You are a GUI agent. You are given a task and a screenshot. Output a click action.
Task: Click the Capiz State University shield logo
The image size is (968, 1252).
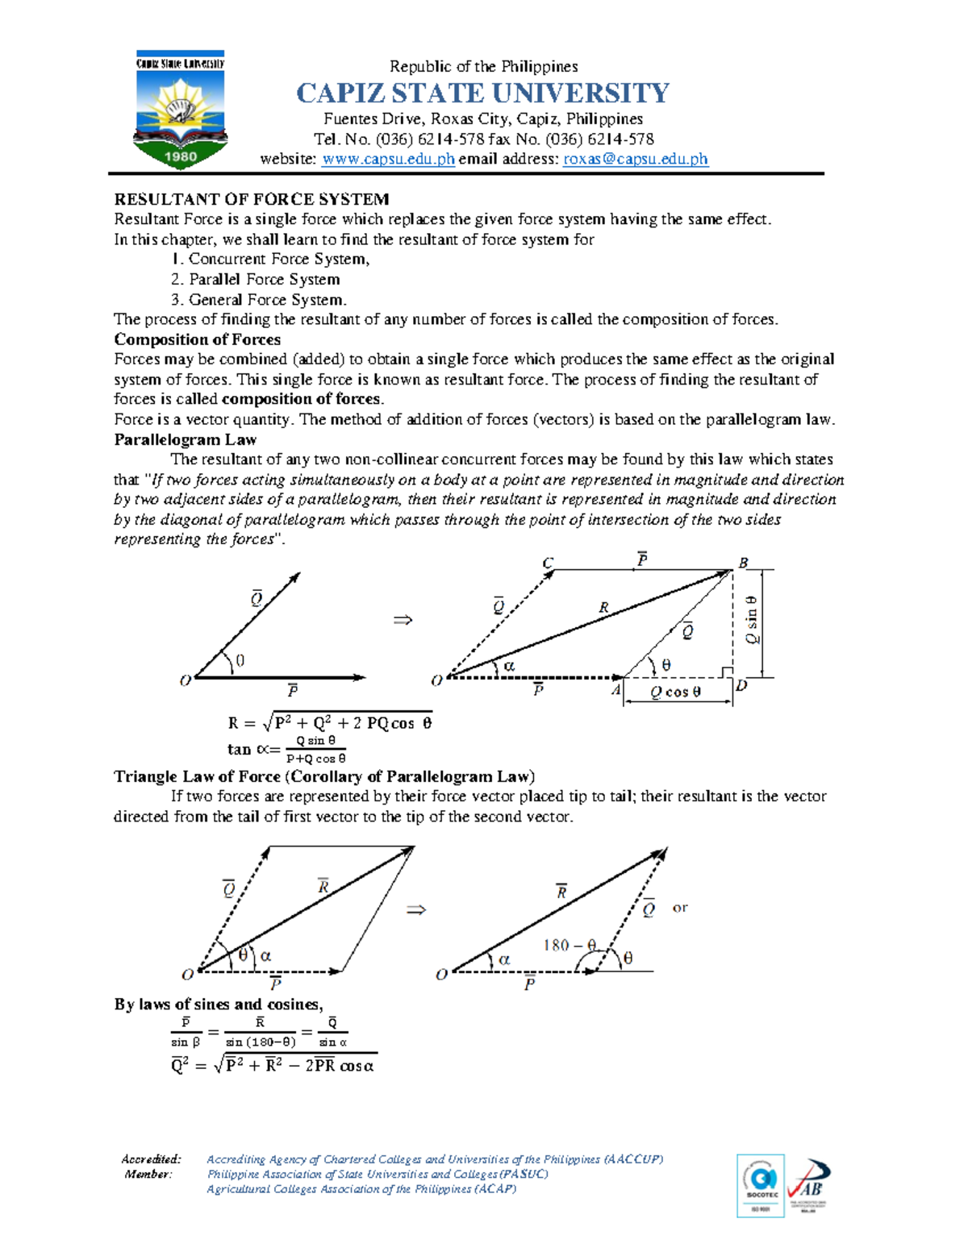point(180,109)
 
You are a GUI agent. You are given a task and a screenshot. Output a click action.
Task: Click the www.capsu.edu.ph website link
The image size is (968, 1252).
point(388,159)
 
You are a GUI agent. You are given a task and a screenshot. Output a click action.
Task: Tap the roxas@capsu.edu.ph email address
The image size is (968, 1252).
point(635,159)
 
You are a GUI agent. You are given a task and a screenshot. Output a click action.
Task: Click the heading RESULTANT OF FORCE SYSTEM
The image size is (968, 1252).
point(252,199)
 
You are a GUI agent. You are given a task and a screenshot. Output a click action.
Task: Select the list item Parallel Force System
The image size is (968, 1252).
point(255,279)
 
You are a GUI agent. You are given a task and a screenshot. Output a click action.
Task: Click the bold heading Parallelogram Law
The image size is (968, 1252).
point(185,439)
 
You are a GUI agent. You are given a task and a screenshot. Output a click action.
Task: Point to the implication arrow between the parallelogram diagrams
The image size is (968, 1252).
point(403,620)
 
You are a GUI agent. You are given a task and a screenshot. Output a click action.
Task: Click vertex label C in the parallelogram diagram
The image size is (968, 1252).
point(548,564)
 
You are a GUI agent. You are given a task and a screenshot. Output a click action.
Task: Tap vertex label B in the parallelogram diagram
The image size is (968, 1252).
point(743,563)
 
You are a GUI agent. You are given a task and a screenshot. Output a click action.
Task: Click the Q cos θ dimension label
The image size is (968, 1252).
point(676,692)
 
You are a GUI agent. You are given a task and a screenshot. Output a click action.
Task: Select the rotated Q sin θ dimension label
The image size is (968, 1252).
point(752,620)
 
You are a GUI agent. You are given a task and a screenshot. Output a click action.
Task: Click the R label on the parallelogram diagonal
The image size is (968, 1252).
point(603,608)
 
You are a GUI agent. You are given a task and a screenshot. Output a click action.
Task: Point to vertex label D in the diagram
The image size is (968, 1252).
point(741,686)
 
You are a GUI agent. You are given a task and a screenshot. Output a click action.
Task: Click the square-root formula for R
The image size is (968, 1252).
point(330,722)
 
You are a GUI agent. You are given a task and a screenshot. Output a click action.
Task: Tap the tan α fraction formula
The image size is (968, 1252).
point(287,749)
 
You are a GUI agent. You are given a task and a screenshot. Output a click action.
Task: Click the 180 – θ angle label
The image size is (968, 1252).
point(570,945)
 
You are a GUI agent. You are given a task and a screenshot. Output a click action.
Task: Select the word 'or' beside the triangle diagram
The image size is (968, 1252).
point(680,908)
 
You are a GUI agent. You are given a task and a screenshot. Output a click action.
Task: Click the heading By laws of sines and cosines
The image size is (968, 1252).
point(219,1005)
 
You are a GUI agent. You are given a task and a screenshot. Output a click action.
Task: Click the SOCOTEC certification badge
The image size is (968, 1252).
point(761,1185)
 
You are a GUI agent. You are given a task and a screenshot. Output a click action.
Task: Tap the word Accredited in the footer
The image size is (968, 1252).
point(151,1159)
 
